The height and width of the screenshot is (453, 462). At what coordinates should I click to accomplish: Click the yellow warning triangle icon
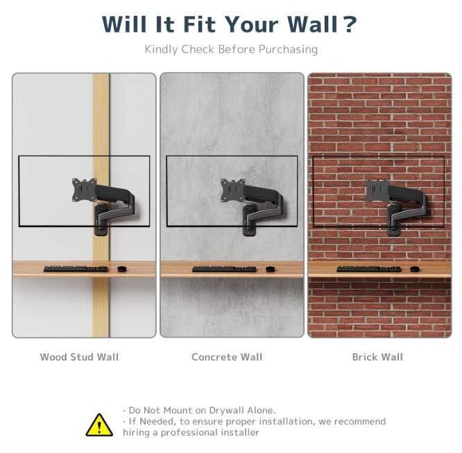(99, 425)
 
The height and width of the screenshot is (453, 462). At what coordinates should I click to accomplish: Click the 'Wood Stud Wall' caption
(79, 357)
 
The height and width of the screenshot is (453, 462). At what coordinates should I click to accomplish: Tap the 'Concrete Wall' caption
(227, 357)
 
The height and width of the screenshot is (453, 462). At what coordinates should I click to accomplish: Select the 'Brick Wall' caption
(377, 357)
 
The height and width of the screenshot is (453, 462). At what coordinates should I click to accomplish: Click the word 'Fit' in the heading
(200, 24)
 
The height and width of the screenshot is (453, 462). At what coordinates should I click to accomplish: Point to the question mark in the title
(350, 24)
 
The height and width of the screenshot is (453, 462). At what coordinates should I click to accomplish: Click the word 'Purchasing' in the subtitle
(288, 49)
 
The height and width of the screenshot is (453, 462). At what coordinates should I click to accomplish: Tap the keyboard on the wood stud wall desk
(76, 269)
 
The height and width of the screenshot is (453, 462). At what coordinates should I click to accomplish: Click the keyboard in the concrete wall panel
(224, 269)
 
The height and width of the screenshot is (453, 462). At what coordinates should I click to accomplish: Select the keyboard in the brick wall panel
(369, 269)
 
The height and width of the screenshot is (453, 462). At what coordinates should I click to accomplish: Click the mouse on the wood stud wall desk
(121, 269)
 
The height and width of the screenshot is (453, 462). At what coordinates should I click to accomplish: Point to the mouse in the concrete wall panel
(270, 269)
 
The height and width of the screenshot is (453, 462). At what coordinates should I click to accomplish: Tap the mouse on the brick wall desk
(415, 269)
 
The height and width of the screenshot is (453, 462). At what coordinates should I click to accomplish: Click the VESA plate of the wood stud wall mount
(85, 190)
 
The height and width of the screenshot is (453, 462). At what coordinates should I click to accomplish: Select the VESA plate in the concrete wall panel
(233, 190)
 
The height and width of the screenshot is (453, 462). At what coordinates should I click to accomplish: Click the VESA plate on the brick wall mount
(377, 191)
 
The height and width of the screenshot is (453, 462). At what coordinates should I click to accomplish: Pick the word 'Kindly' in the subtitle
(161, 49)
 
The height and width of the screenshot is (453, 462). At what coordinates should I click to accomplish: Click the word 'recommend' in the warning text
(360, 422)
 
